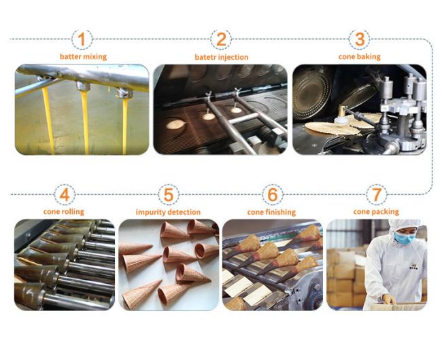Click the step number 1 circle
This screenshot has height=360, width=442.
point(82,39)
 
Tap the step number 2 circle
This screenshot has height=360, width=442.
point(221,39)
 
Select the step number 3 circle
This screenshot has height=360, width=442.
point(360,39)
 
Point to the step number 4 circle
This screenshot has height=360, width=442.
point(65,194)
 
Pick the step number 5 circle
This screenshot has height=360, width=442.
point(168,194)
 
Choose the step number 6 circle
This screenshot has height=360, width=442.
point(272,194)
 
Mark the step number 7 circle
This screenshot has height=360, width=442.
point(377,194)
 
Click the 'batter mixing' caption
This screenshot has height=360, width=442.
point(83,57)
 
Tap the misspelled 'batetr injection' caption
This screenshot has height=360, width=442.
point(222,57)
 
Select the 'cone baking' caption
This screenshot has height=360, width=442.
point(360,57)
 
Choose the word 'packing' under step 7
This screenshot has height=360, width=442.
point(388,212)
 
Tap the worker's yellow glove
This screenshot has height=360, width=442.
point(389,299)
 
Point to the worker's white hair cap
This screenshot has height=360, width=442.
point(404,224)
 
